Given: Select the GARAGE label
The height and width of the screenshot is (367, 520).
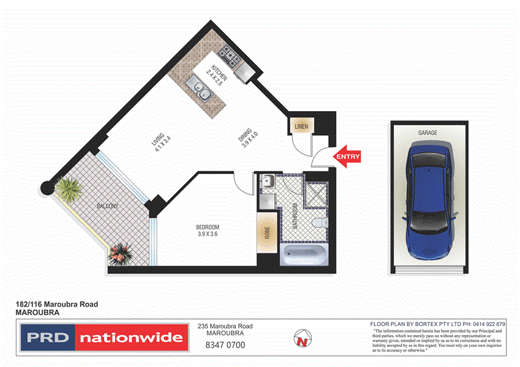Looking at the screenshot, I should coord(427,133).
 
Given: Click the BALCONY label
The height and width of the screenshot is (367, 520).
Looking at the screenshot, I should coord(107,206).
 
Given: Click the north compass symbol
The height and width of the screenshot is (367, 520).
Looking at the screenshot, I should coord(301,337).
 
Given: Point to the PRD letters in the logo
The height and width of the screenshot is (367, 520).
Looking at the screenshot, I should coord(47,338).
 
